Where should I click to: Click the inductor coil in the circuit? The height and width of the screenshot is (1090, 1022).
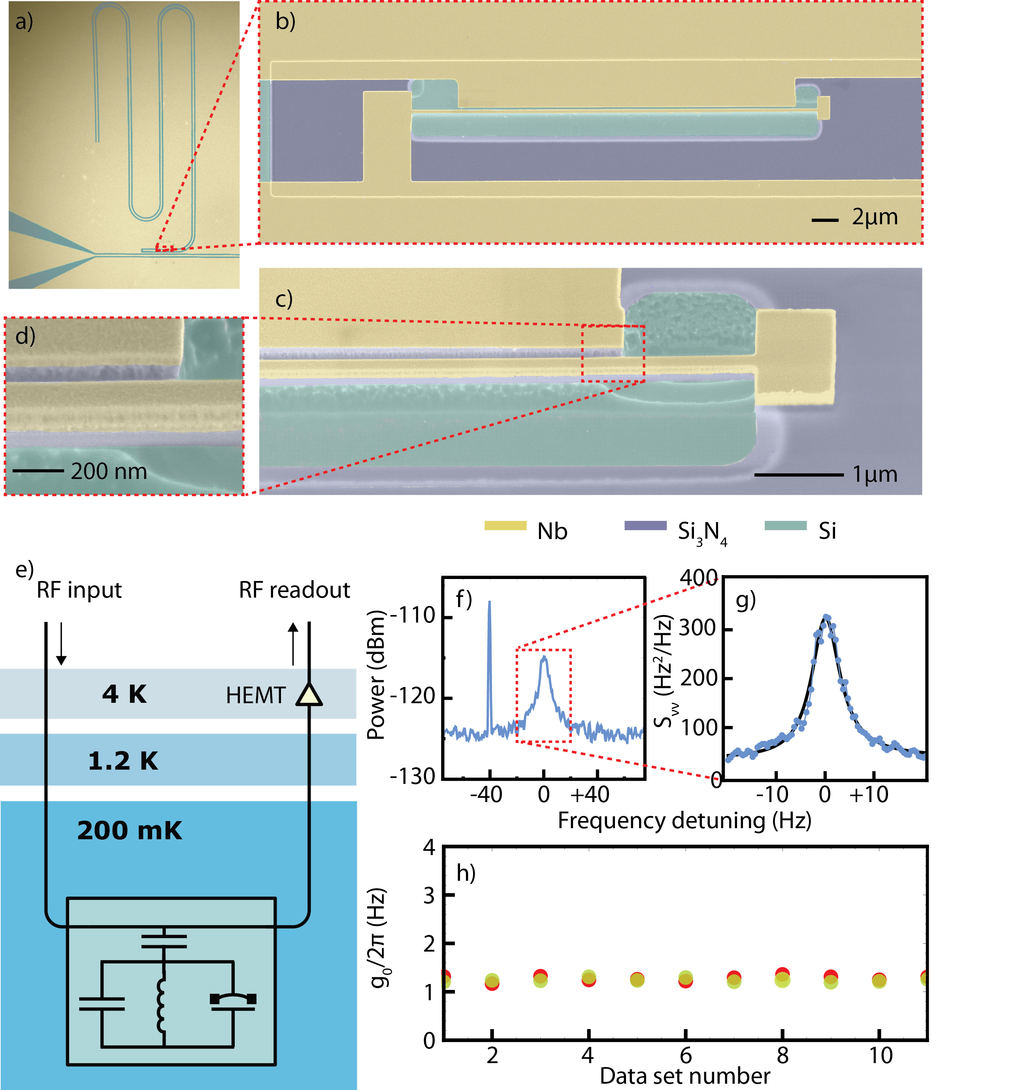tap(162, 1005)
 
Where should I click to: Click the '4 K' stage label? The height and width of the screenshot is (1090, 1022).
tap(124, 694)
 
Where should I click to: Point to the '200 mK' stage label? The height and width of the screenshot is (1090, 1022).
tap(129, 831)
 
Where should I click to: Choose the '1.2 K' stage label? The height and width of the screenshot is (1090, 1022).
tap(123, 761)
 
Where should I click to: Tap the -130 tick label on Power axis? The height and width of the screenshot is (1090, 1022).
tap(412, 776)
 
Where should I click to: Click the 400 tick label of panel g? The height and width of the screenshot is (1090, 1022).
tap(698, 578)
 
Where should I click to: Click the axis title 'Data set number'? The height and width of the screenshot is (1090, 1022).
tap(684, 1076)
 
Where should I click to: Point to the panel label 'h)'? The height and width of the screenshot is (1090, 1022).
tap(466, 873)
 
